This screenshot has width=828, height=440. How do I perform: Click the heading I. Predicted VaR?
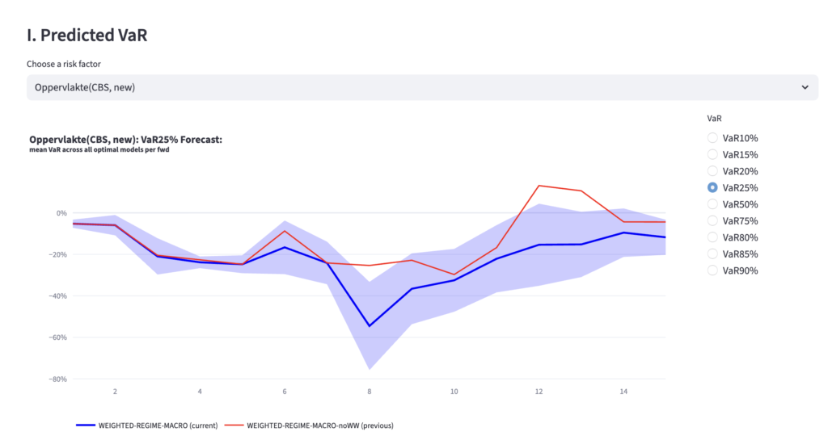pos(87,35)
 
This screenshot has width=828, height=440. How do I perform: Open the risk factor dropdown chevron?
pos(805,87)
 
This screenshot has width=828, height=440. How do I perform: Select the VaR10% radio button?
pos(712,138)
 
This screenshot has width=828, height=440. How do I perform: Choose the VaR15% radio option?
pos(712,154)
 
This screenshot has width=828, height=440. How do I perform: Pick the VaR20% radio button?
pos(712,171)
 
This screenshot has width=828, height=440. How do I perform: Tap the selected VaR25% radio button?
pos(712,188)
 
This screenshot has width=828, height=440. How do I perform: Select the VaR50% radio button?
pos(712,204)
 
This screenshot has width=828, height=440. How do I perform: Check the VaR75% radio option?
pos(712,220)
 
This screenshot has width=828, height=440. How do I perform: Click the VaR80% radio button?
pos(712,237)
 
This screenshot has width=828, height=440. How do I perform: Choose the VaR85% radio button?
pos(712,254)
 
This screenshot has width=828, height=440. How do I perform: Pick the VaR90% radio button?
pos(712,270)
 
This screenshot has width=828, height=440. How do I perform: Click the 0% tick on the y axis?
pos(61,213)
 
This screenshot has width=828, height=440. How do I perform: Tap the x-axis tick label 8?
pos(370,392)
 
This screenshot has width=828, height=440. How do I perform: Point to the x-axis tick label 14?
pos(623,392)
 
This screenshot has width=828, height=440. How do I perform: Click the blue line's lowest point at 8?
pos(370,326)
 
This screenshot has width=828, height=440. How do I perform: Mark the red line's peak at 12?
pos(539,186)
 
